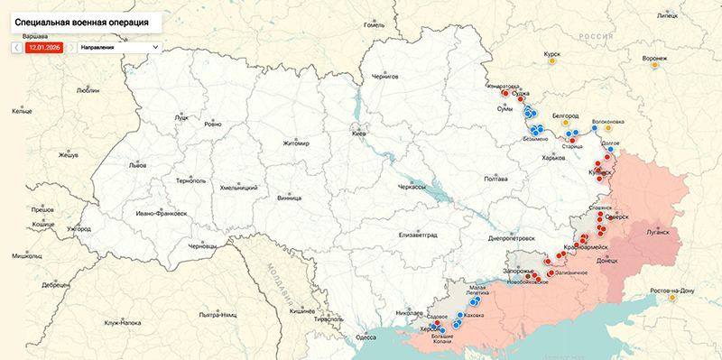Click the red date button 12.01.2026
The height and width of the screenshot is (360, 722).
44,46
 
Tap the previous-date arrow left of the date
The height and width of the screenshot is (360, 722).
17,46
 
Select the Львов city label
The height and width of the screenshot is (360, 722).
137,166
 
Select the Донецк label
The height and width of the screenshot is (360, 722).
607,261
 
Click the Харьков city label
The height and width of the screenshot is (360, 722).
551,159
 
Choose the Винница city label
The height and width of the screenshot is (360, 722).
289,196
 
